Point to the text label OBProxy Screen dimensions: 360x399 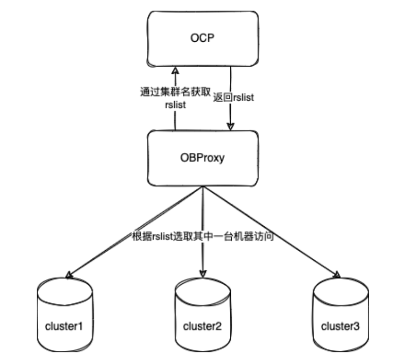point(203,158)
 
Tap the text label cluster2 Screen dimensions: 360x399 point(202,325)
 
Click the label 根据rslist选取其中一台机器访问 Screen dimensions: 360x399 point(202,236)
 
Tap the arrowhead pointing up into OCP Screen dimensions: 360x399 point(175,70)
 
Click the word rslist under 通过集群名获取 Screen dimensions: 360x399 point(175,105)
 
